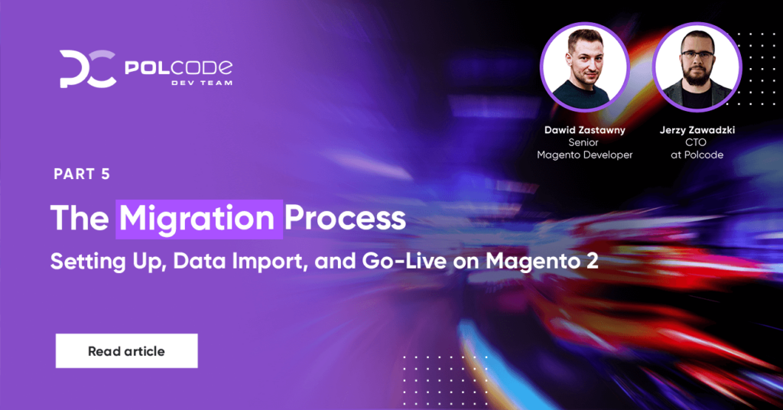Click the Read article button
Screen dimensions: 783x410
[x=126, y=351]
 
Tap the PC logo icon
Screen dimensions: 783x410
[x=88, y=69]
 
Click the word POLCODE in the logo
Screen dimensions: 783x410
[x=178, y=67]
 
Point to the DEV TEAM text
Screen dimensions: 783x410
[x=202, y=83]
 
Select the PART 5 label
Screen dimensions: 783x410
[x=82, y=174]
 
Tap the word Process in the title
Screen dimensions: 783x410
[x=345, y=218]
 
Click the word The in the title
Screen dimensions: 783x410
[x=80, y=218]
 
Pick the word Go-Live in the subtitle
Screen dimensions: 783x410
[x=404, y=261]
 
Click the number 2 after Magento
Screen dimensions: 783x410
[x=593, y=261]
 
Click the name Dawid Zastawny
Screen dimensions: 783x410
[x=584, y=130]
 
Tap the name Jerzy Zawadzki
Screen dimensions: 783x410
[x=697, y=130]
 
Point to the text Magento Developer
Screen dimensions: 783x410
[x=584, y=155]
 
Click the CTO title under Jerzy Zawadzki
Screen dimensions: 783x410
[x=696, y=142]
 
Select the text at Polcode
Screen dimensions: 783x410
[x=697, y=155]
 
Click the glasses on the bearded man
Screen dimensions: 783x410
[x=697, y=54]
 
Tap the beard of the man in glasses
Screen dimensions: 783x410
[x=697, y=76]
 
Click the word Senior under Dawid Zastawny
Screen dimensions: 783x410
[x=583, y=142]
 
